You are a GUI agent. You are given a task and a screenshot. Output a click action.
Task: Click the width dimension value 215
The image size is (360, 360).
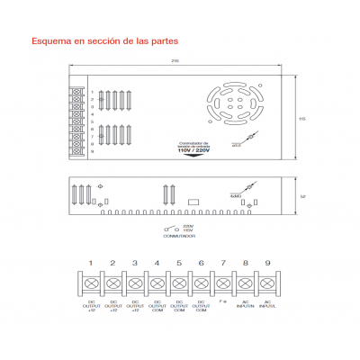point(173,60)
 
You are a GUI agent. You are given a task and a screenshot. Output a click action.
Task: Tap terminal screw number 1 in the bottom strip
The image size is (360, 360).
point(90,283)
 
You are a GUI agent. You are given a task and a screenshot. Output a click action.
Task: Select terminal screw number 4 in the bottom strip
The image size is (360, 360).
point(157,283)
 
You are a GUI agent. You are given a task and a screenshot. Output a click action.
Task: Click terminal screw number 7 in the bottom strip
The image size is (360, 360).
point(222,283)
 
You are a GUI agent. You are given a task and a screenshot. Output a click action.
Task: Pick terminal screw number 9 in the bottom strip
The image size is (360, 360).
point(266,283)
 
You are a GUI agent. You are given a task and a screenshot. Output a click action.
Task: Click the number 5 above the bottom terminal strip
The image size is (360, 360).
point(178,263)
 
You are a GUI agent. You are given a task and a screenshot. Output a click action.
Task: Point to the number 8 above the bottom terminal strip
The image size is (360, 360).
point(245,263)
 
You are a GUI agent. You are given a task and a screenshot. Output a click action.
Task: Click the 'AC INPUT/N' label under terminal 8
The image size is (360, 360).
point(245,306)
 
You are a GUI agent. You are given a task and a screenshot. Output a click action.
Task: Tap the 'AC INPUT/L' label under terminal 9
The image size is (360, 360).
point(266,306)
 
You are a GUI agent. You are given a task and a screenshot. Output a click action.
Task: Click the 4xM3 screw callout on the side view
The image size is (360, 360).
point(236,194)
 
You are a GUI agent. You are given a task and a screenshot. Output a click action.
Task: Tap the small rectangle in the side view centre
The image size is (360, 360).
point(192,202)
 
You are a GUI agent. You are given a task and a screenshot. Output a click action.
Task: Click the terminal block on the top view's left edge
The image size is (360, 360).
point(77,121)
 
